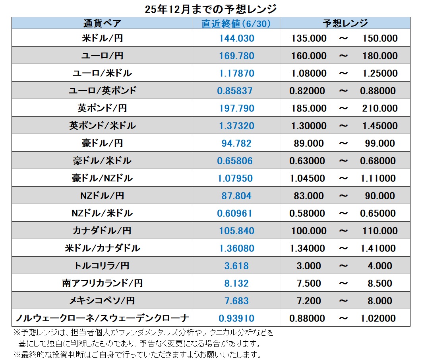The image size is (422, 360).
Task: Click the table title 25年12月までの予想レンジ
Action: [x=211, y=8]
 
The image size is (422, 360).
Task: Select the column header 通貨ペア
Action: [x=102, y=23]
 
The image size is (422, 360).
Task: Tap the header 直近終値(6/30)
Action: [x=236, y=23]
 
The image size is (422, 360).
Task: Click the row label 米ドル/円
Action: [x=102, y=39]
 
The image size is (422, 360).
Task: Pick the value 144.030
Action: [x=236, y=39]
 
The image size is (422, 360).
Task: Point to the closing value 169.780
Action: [x=236, y=56]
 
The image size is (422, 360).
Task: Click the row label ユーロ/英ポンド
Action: [x=102, y=91]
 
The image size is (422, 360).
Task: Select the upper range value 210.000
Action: [x=380, y=108]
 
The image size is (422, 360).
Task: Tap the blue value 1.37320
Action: [x=236, y=126]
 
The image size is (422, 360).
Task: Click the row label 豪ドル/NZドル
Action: [x=102, y=178]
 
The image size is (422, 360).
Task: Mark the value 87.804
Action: [x=236, y=196]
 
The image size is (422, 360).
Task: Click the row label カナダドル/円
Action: [x=102, y=231]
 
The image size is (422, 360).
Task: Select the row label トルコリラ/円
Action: [x=102, y=266]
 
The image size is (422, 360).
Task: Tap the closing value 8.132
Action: [x=236, y=283]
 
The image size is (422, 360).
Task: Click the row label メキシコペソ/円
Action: [x=102, y=301]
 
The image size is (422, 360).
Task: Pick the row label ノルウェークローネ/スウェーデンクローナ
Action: [x=102, y=318]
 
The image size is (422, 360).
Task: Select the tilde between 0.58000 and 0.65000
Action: [x=343, y=213]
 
